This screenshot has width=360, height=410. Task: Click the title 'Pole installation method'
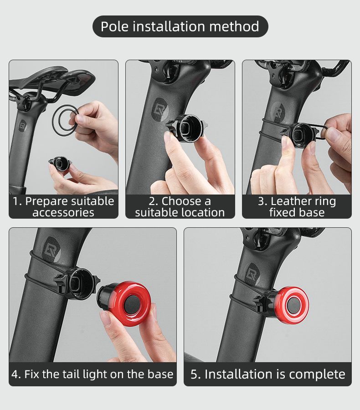[x=180, y=26]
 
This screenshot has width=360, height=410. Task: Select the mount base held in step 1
[x=60, y=164]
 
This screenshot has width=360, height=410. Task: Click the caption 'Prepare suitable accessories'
[x=63, y=206]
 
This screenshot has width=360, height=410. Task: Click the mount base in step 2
[x=186, y=128]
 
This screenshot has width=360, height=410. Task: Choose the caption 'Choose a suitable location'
[x=180, y=206]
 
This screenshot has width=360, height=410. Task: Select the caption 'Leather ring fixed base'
[x=297, y=206]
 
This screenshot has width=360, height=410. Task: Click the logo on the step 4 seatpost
[x=52, y=249]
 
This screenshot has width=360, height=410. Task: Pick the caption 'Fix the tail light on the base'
[x=93, y=374]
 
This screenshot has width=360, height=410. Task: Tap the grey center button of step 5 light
[x=294, y=305]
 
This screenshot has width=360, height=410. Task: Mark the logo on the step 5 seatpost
[x=253, y=273]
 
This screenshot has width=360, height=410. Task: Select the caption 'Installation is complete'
[x=267, y=374]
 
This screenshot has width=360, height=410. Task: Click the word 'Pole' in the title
[x=114, y=26]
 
